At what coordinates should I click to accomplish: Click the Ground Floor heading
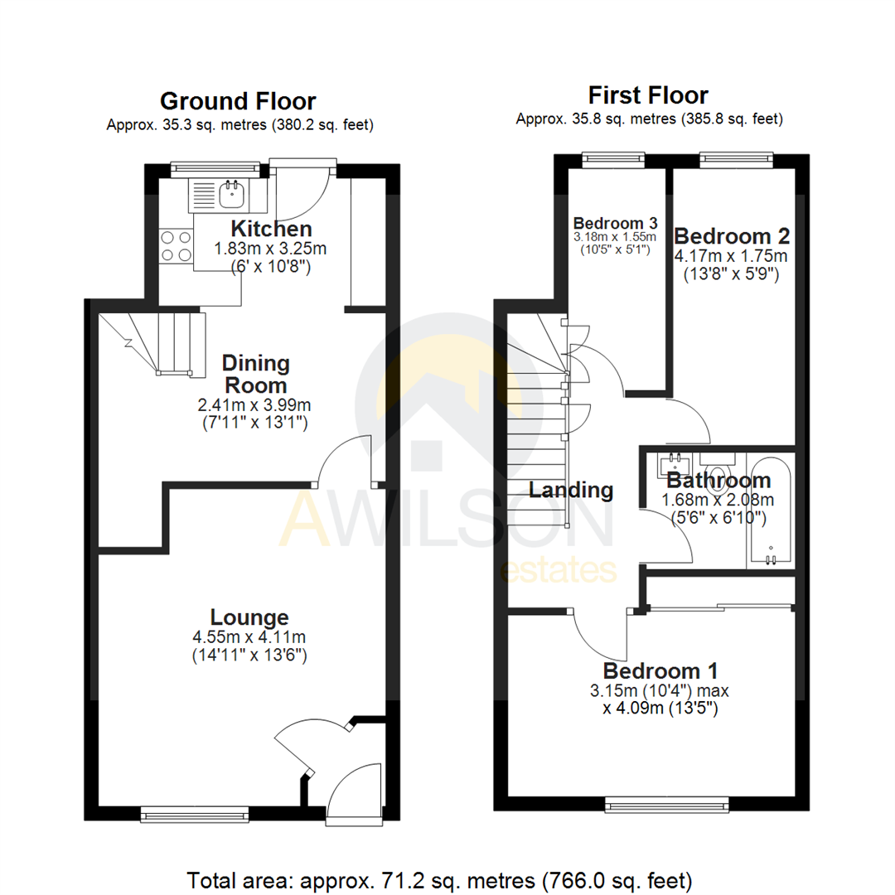(237, 102)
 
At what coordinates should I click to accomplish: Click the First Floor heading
(648, 94)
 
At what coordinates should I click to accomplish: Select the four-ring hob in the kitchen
(175, 246)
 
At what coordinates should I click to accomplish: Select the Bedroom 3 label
(616, 223)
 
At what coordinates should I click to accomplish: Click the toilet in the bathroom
(718, 464)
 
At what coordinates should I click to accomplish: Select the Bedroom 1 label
(660, 670)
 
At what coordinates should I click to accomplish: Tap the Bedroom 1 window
(667, 802)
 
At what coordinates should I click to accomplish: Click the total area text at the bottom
(439, 878)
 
